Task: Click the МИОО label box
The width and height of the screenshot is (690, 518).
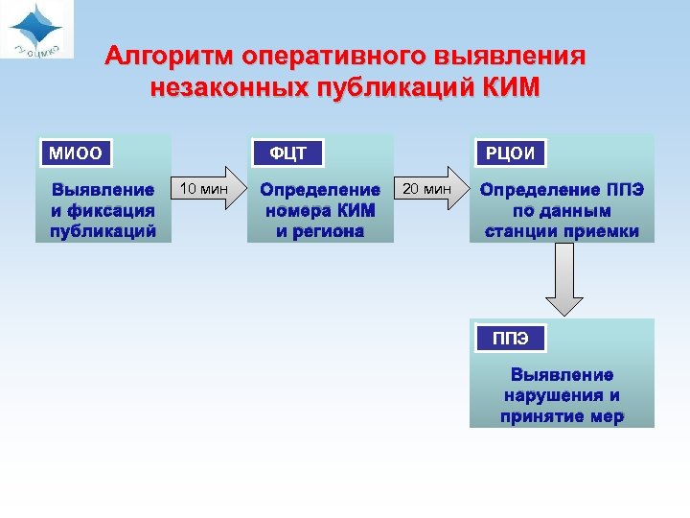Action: [75, 153]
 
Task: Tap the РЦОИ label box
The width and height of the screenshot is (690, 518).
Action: [510, 153]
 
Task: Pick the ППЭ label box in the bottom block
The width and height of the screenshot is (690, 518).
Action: [510, 338]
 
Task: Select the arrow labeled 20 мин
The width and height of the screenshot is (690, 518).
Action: [430, 189]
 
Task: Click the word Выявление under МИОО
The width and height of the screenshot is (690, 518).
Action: [103, 190]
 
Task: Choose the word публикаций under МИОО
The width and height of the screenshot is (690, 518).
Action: [103, 231]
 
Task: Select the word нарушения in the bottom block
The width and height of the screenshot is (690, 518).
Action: [562, 395]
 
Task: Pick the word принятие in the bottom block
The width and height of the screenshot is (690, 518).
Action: [539, 416]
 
